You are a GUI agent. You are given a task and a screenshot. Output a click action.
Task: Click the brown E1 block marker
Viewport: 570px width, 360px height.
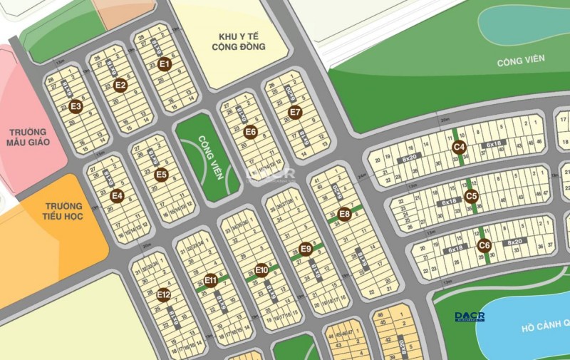click(x=165, y=63)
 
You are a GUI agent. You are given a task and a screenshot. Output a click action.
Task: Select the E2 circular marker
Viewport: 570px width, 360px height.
click(x=120, y=85)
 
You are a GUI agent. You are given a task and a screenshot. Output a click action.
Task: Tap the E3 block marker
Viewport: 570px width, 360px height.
click(x=76, y=107)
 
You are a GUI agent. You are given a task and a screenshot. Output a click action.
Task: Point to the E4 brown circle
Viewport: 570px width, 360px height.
click(x=118, y=196)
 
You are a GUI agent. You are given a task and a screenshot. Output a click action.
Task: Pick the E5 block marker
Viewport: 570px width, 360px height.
click(x=161, y=174)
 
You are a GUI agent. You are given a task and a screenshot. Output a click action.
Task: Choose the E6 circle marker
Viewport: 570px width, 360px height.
click(x=250, y=131)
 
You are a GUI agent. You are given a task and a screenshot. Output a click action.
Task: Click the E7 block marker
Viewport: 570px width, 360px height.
click(x=295, y=112)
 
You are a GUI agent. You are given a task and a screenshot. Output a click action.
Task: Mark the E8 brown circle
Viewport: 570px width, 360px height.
click(x=344, y=213)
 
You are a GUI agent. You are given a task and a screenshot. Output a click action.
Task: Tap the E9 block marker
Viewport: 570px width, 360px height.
click(x=306, y=249)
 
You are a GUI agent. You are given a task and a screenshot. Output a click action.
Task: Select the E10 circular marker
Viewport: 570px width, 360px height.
click(x=261, y=269)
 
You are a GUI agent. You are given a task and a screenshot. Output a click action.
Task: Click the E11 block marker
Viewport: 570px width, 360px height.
click(x=210, y=280)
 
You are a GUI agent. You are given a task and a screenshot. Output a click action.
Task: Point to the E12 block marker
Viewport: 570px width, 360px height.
click(x=164, y=294)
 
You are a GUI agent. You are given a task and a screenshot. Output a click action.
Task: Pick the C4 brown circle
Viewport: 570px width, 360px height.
click(x=460, y=148)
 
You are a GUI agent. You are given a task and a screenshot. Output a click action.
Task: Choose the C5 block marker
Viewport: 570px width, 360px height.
click(x=471, y=195)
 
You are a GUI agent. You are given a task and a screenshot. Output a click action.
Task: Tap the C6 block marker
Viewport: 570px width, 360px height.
click(x=484, y=246)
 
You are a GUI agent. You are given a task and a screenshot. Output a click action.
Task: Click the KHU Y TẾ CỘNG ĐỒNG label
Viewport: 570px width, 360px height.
click(x=238, y=41)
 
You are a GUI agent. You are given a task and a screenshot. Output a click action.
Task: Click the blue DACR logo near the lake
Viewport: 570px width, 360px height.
click(x=470, y=316)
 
